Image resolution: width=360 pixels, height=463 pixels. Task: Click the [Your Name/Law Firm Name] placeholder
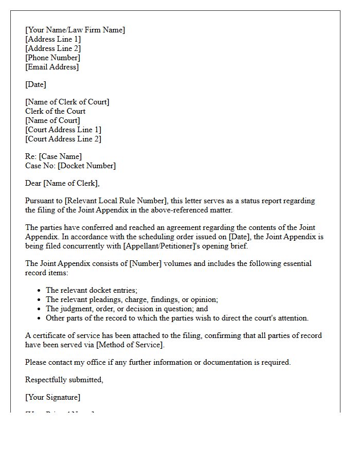[75, 30]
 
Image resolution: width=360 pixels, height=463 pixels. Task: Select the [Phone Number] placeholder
[52, 58]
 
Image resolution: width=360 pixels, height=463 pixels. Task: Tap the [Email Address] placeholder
[52, 67]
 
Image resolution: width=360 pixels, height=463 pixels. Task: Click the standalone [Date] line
[35, 84]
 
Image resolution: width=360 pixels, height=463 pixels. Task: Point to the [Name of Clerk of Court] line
[67, 102]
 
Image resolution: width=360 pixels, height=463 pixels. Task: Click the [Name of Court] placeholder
[52, 120]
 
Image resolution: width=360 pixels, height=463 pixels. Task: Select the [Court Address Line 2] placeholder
[63, 139]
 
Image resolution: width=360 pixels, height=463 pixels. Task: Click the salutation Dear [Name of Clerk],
[62, 183]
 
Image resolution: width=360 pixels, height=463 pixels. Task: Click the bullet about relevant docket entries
[92, 290]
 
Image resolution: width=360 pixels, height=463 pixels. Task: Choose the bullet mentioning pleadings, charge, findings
[132, 299]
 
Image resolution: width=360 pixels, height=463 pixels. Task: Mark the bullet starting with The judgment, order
[127, 309]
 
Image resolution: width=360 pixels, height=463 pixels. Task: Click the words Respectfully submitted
[64, 380]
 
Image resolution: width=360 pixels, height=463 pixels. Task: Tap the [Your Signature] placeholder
[52, 397]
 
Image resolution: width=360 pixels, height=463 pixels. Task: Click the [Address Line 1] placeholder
[53, 39]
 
